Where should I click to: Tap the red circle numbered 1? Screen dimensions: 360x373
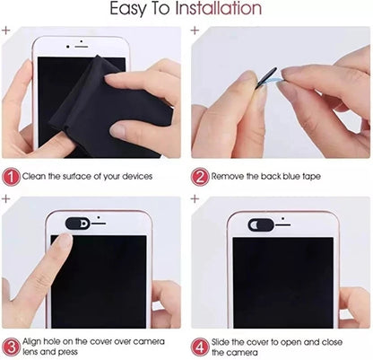[11, 177]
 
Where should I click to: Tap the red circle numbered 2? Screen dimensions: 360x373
[200, 177]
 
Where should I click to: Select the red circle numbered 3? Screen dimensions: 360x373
[11, 345]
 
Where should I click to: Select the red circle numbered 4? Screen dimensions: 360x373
[200, 345]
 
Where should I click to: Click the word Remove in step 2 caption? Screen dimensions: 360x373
[232, 178]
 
